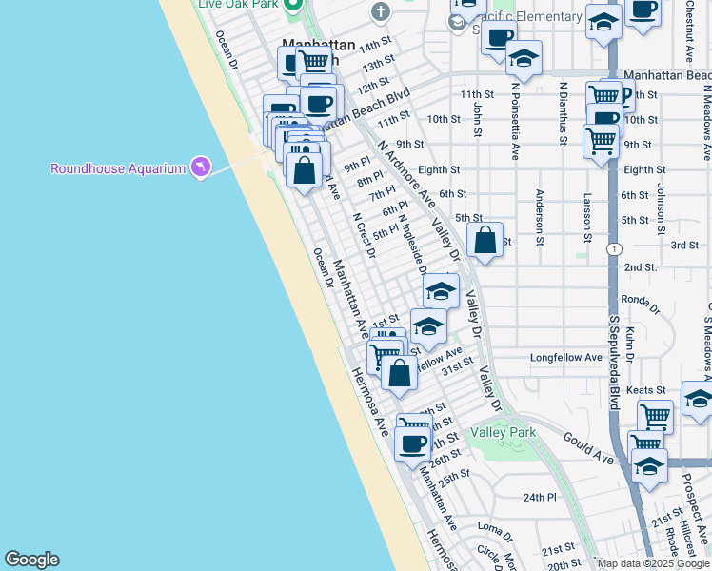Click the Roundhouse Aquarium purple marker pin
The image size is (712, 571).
pos(199,167)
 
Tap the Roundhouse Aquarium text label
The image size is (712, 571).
pos(118,169)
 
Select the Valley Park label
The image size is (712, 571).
pos(503,432)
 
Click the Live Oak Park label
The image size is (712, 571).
pos(237,4)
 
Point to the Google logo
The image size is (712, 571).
pos(31,560)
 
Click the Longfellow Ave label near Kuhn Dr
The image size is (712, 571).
pos(566,358)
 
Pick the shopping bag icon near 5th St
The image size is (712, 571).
pos(485,241)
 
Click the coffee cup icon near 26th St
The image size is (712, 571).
pos(414,442)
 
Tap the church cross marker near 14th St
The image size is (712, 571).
pos(381,11)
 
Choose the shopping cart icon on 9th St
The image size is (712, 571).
pos(601,139)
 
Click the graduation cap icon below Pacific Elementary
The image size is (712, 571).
pos(523,58)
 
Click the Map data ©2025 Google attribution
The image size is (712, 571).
pos(652,563)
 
